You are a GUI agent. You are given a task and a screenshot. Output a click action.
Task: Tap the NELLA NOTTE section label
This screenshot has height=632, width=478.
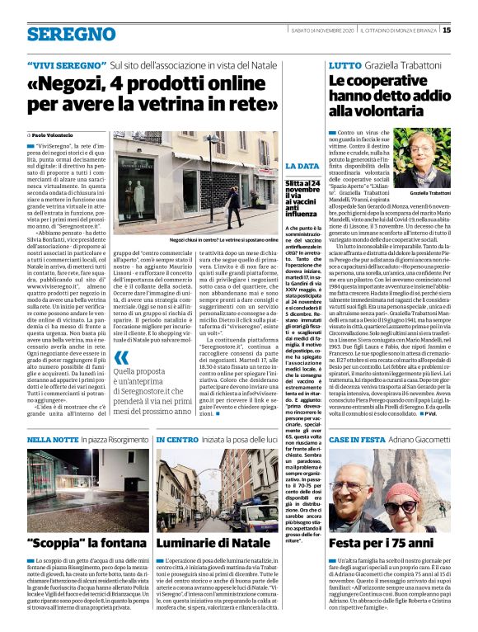click(x=51, y=441)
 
